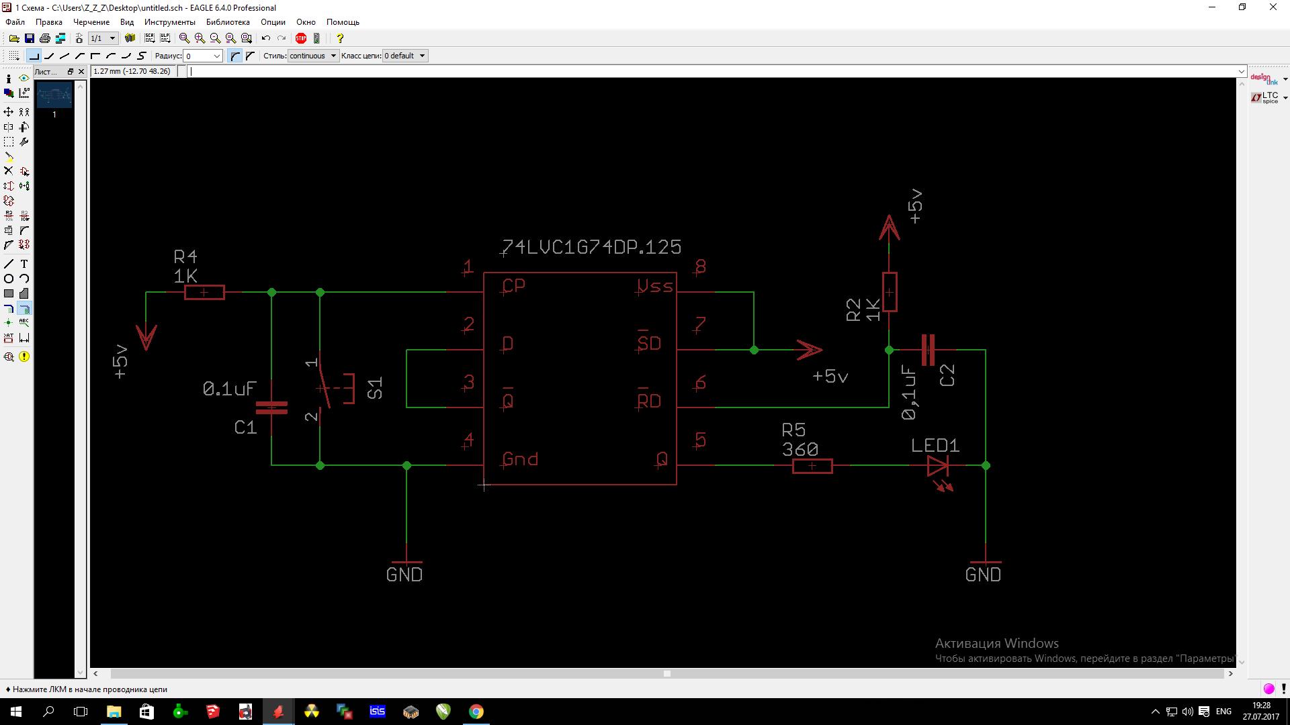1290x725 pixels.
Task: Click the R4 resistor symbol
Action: tap(204, 293)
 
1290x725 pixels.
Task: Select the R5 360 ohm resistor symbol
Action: tap(812, 466)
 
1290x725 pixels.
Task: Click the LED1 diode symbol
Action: tap(937, 465)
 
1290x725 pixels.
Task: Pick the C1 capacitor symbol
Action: tap(271, 407)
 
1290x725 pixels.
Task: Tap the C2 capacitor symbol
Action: tap(928, 350)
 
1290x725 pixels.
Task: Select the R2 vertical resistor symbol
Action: tap(890, 292)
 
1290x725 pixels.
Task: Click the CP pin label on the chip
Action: tap(514, 286)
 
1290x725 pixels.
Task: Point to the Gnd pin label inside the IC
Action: tap(520, 459)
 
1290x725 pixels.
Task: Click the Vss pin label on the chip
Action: tap(655, 287)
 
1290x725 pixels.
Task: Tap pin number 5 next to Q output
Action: tap(701, 440)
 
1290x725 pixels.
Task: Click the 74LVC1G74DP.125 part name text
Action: tap(592, 247)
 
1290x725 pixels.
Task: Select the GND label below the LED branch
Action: tap(983, 575)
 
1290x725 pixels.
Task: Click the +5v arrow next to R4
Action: tap(146, 336)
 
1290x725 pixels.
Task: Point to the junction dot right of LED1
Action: tap(986, 465)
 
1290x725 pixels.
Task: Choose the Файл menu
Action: tap(15, 22)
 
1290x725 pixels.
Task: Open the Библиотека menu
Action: tap(228, 22)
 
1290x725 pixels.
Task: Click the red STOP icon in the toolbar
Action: tap(301, 38)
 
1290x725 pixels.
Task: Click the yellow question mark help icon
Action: tap(340, 38)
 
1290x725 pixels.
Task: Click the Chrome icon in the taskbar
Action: tap(476, 712)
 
